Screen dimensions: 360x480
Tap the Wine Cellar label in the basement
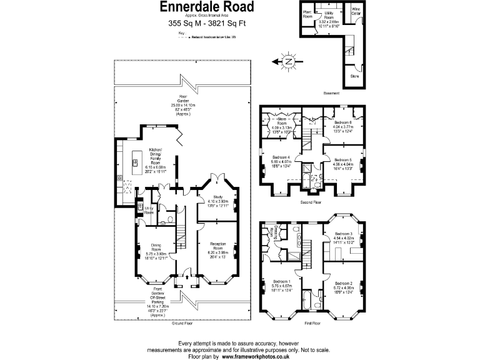356,11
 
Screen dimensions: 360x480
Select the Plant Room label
307,14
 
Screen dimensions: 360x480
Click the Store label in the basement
354,76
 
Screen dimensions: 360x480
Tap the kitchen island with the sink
134,163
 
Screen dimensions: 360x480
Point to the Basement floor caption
331,92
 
